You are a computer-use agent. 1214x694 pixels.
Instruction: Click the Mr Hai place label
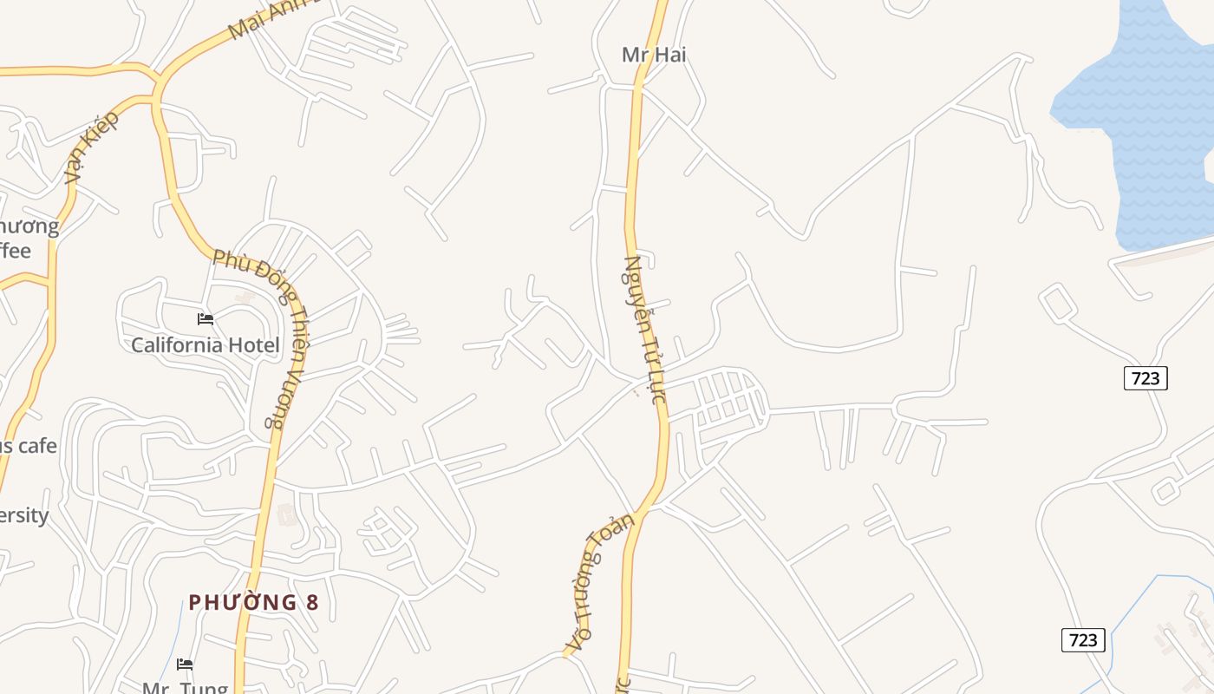coord(654,55)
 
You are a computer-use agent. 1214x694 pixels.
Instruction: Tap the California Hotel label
coord(206,345)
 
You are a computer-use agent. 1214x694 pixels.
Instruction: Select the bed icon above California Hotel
coord(206,319)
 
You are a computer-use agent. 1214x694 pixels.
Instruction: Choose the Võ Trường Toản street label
coord(599,583)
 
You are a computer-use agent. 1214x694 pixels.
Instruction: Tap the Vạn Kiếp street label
coord(91,147)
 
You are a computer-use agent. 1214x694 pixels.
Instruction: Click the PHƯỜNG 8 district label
coord(253,602)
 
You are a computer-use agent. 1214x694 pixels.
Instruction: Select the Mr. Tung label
coord(185,688)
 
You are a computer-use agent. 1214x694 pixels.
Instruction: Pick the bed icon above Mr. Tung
coord(185,665)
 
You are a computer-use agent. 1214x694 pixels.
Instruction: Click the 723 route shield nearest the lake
coord(1145,378)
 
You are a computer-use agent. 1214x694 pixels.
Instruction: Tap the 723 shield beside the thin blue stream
coord(1083,640)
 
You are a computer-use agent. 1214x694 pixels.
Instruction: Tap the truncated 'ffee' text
coord(16,251)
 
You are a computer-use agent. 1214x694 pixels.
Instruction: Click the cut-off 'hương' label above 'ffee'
coord(29,227)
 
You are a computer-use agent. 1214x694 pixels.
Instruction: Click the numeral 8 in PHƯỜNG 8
coord(311,602)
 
